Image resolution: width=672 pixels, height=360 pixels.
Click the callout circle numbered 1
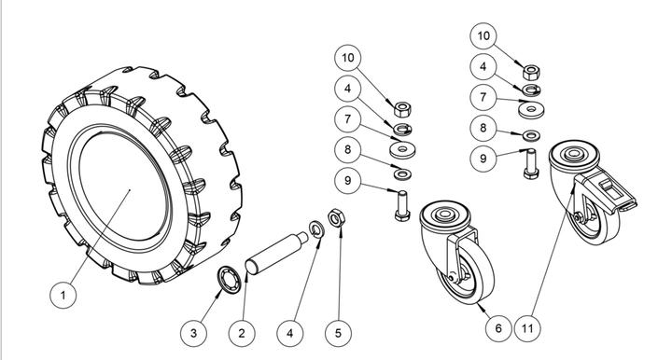pos(63,295)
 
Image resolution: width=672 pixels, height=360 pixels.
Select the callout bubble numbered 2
pos(242,333)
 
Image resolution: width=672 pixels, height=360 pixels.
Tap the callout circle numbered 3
pos(193,333)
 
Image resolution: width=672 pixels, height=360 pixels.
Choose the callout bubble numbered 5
pos(338,333)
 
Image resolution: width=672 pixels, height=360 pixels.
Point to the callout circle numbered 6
pos(498,328)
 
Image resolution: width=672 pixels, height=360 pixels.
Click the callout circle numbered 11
pos(527,328)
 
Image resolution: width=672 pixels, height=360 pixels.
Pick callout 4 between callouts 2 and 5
pos(290,333)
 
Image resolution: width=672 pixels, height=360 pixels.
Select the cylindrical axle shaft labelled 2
pos(276,253)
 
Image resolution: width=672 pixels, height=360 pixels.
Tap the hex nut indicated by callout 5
pos(336,218)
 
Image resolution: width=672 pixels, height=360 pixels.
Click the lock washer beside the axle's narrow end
pos(316,229)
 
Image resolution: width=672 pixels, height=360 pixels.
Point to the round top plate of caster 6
pos(444,216)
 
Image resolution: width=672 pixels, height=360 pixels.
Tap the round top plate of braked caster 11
pos(574,157)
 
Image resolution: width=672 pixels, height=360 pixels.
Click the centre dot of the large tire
pos(130,190)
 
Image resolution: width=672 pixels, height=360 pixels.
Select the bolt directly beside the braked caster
pos(531,164)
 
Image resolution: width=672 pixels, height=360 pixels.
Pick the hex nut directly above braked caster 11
pos(531,73)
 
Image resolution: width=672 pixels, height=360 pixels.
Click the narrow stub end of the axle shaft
pos(302,237)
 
